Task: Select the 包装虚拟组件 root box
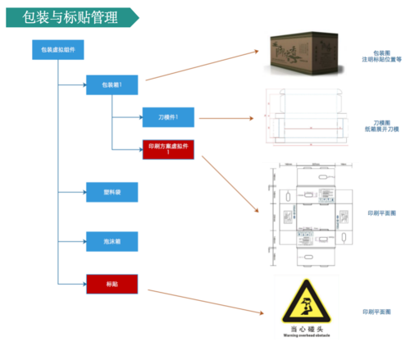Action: click(x=57, y=50)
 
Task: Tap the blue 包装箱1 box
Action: click(x=112, y=84)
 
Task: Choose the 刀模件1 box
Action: click(x=168, y=117)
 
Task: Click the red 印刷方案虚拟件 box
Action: click(x=168, y=148)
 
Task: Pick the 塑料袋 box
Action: click(x=112, y=194)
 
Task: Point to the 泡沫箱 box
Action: click(x=112, y=240)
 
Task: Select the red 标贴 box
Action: click(x=112, y=284)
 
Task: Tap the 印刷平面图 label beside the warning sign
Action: click(x=377, y=312)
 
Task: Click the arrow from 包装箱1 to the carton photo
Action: click(x=201, y=66)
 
